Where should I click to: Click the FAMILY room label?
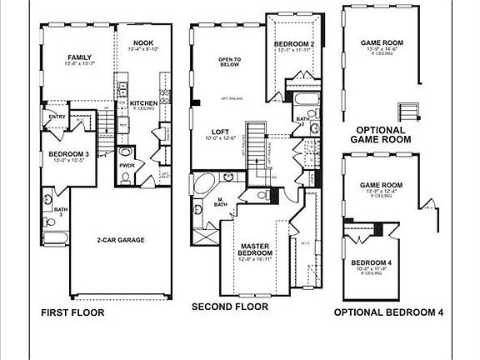(78, 57)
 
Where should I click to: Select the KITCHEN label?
(143, 103)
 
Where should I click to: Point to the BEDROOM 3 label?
(69, 154)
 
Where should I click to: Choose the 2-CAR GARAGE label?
(120, 240)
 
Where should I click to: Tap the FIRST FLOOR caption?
(73, 314)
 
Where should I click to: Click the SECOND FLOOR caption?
(230, 307)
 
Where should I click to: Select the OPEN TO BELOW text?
(229, 63)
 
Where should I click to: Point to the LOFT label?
(220, 132)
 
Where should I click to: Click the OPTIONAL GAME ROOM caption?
(381, 135)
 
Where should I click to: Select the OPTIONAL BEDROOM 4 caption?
(388, 313)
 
